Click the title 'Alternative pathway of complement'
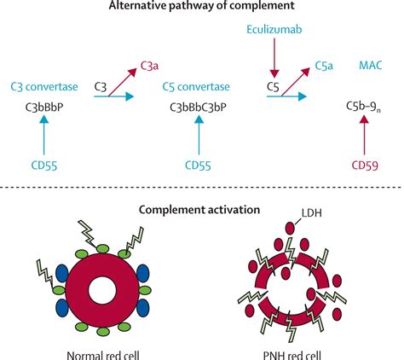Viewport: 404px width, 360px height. coord(202,8)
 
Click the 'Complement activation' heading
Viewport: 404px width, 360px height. coord(202,211)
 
